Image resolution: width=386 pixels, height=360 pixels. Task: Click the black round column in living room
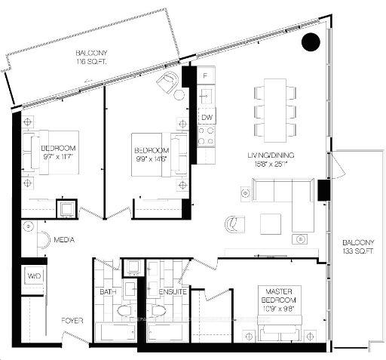309,42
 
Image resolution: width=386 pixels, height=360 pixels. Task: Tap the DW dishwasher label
207,117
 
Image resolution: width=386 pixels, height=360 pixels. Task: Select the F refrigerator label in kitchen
206,77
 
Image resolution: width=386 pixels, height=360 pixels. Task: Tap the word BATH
106,291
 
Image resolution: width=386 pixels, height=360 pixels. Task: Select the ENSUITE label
173,291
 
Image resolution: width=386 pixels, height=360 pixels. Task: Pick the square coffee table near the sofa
270,224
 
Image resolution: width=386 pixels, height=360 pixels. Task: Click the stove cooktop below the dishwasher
207,136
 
